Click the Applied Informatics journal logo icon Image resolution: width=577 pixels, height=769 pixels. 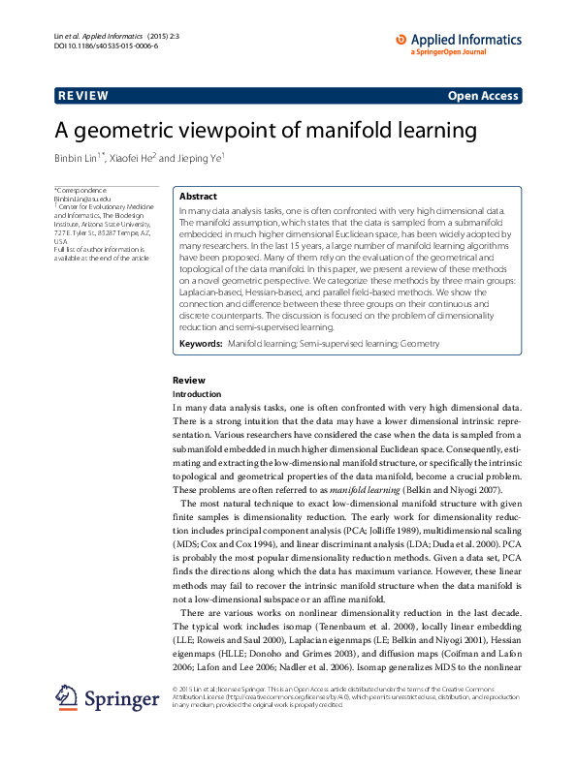[x=401, y=40]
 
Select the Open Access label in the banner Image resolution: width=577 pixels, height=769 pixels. [x=484, y=96]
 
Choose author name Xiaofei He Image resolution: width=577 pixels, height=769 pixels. [x=129, y=157]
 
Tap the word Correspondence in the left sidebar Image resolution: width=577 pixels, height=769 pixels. [x=86, y=190]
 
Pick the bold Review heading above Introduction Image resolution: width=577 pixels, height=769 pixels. [x=188, y=381]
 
